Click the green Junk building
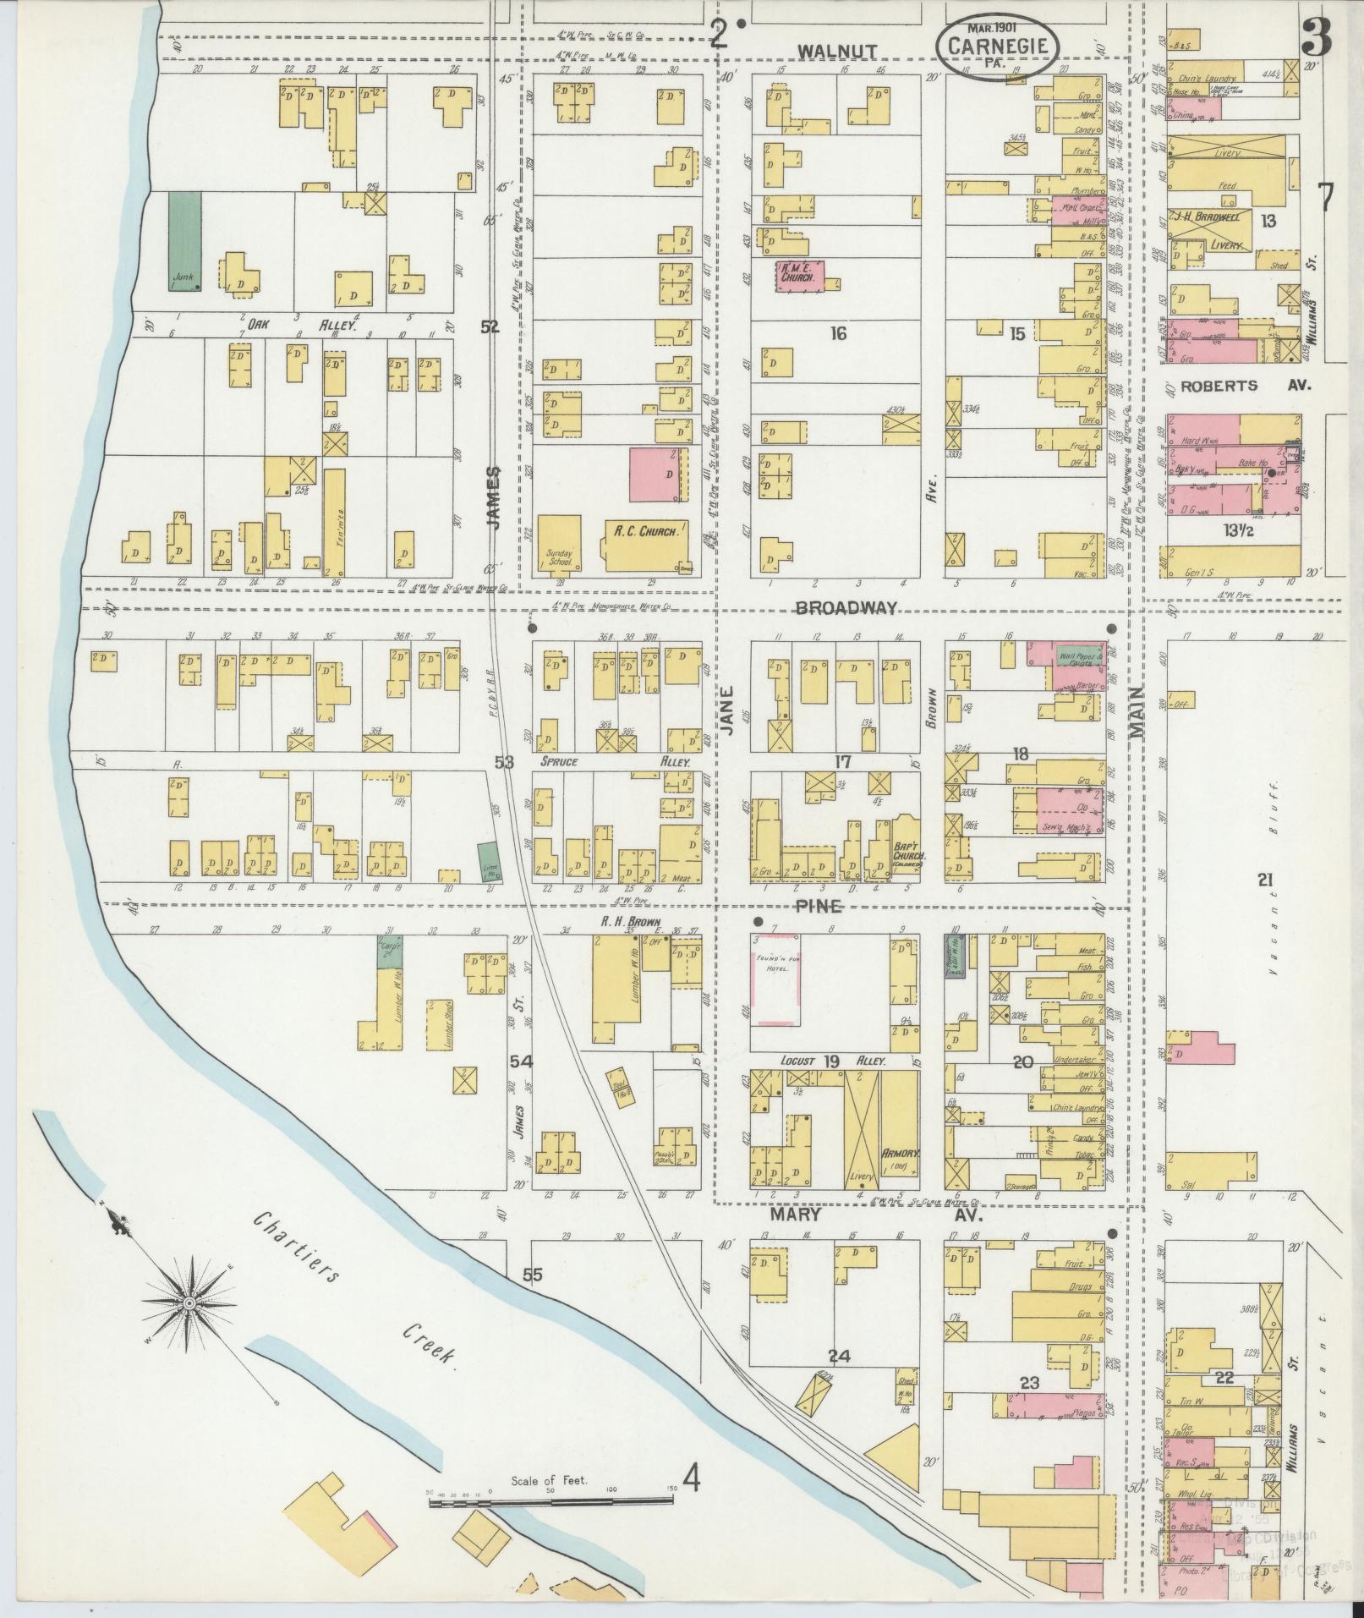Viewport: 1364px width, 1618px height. (x=184, y=241)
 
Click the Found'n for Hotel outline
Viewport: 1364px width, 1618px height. (x=775, y=979)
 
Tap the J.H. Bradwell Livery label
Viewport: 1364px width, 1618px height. (x=1211, y=229)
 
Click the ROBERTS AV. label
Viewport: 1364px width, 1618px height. (x=1244, y=385)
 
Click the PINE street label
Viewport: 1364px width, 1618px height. (x=818, y=907)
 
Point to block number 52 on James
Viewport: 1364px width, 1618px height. (x=489, y=328)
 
